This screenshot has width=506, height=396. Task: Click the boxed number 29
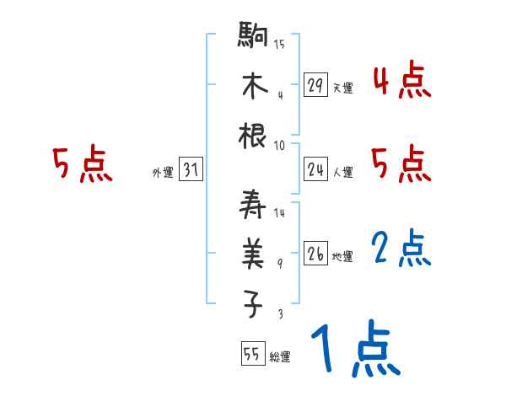point(315,85)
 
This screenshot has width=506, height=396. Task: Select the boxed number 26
point(315,254)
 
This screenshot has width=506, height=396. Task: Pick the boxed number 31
point(191,170)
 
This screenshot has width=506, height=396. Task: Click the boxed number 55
point(251,356)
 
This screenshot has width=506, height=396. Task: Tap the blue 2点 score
point(402,249)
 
